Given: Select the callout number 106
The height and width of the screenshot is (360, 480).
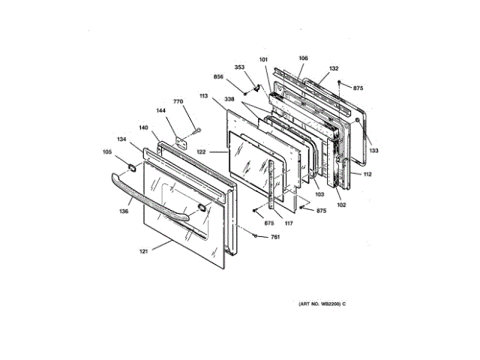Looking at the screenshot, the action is pos(303,58).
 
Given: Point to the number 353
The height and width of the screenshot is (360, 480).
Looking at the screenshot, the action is pos(239,67).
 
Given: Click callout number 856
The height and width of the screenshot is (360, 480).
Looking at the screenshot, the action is pos(218,77).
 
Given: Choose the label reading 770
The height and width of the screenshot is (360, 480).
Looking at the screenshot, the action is pos(178,101).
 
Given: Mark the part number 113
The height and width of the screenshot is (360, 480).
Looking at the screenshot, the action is pos(203,96).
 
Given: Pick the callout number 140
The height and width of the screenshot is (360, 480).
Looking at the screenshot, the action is pos(142,127).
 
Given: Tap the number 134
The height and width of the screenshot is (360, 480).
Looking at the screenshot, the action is pos(121,139).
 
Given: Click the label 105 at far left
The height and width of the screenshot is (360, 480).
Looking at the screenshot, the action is pos(107,152).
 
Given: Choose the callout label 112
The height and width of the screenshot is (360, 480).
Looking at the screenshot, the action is pos(367,175).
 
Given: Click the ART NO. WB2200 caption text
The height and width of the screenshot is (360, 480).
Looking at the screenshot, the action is pos(322,304).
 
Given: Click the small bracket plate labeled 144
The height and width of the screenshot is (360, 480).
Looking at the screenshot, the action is pos(181,139).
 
